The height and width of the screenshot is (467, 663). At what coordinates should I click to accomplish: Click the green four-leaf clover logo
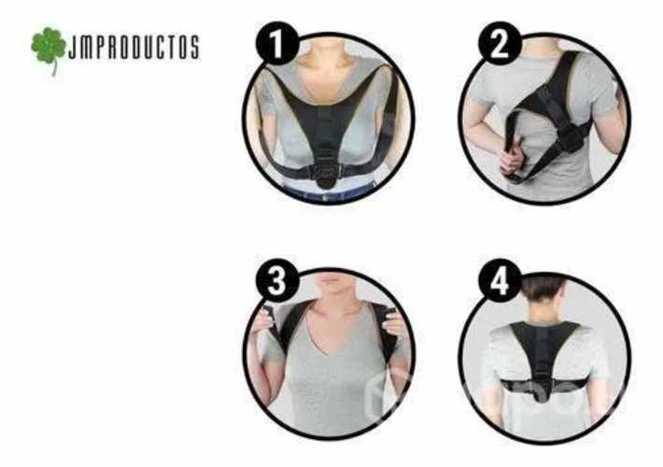(49, 48)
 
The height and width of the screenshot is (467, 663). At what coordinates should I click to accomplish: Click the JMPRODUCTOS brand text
(134, 48)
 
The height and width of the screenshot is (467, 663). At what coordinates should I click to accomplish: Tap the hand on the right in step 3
(393, 322)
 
